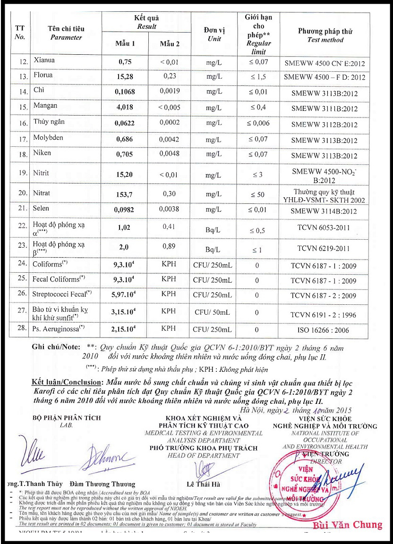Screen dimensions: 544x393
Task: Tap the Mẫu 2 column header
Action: [169, 44]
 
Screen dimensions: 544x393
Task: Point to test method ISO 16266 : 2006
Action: [323, 330]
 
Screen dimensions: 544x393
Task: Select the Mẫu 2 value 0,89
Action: [169, 246]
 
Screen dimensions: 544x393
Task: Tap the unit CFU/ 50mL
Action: [213, 312]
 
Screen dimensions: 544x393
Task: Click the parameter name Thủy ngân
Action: [49, 122]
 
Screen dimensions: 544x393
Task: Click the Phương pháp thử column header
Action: [325, 35]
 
